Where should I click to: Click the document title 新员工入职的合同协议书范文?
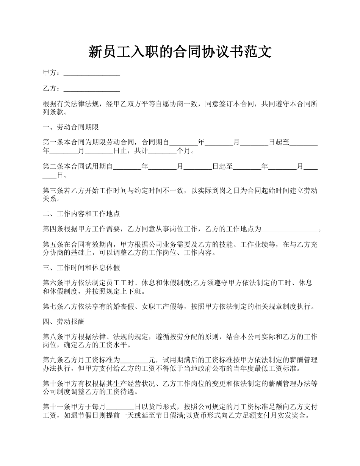coord(180,52)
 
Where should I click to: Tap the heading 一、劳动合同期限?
coord(71,127)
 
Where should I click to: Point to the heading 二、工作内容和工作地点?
coord(81,214)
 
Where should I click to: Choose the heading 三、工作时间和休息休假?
coord(81,268)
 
